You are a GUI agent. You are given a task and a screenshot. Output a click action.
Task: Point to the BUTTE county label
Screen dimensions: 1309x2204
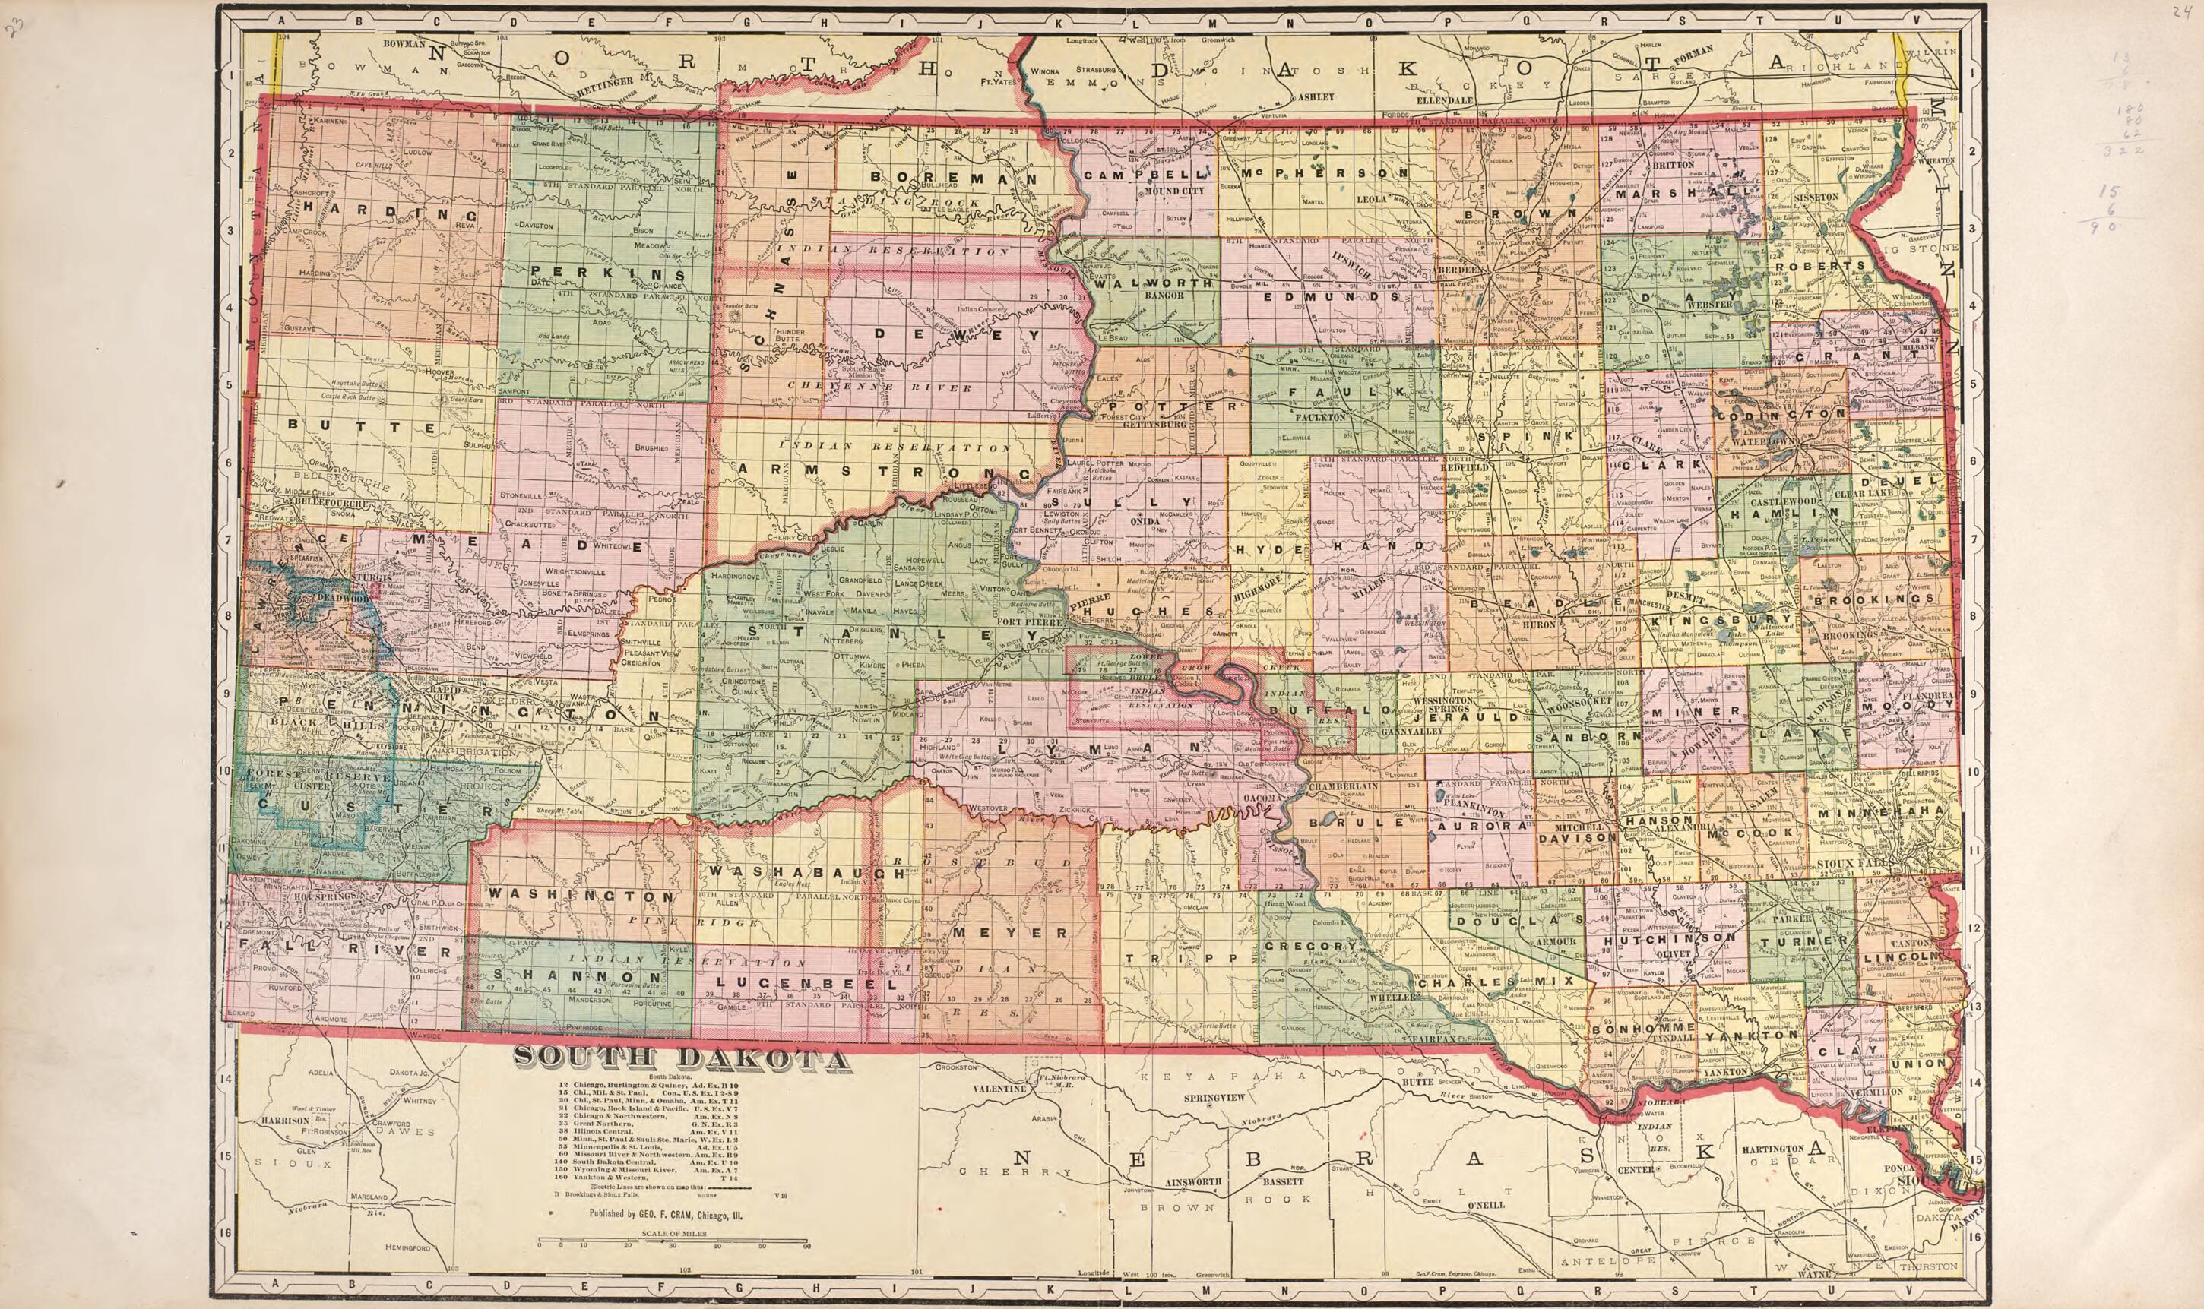tap(362, 428)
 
